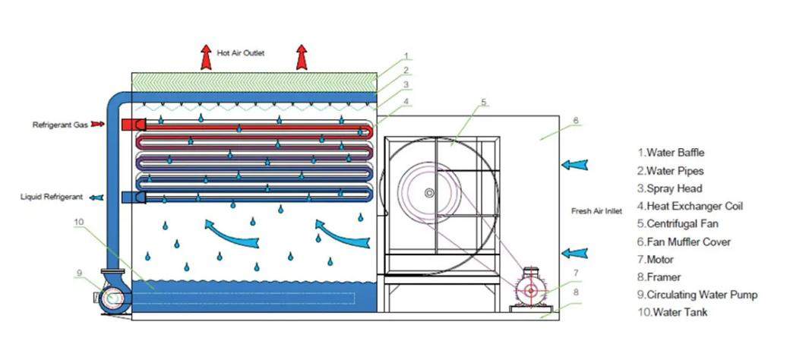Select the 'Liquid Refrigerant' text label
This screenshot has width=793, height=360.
(x=52, y=197)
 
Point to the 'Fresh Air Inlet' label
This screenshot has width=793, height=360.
(x=597, y=211)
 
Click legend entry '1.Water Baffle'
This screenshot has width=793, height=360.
(x=671, y=152)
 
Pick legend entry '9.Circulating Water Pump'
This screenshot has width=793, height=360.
(x=698, y=294)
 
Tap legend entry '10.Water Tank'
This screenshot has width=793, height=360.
(x=673, y=312)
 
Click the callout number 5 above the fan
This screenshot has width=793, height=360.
(x=484, y=103)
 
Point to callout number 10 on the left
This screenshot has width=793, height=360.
(x=80, y=222)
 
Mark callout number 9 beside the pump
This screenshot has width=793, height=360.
(x=79, y=273)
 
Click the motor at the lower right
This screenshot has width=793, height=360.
(x=531, y=290)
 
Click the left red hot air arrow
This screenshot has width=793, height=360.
(x=206, y=57)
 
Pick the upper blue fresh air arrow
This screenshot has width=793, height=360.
(x=575, y=165)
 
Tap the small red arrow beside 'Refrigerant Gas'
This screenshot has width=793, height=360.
(x=98, y=124)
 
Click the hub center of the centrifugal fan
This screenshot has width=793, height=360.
(x=429, y=193)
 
